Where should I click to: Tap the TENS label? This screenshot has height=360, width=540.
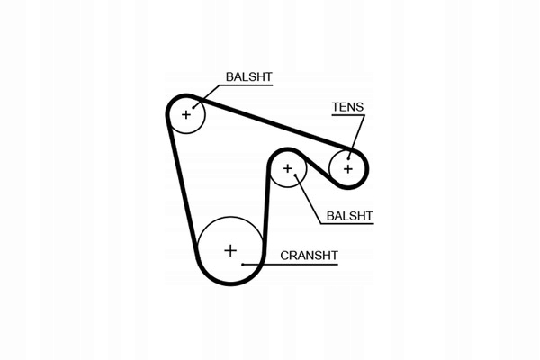(x=347, y=107)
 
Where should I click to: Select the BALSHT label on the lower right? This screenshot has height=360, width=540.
(x=348, y=216)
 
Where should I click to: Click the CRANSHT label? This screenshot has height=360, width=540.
(x=309, y=256)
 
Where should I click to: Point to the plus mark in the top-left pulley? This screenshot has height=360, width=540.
(x=187, y=114)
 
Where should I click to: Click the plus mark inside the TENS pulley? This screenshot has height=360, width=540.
(x=347, y=167)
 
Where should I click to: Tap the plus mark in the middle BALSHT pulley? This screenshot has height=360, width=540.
(x=288, y=168)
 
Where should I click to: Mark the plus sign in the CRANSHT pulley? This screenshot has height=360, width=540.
(x=229, y=249)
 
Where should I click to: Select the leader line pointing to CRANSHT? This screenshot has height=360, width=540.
(x=256, y=263)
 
